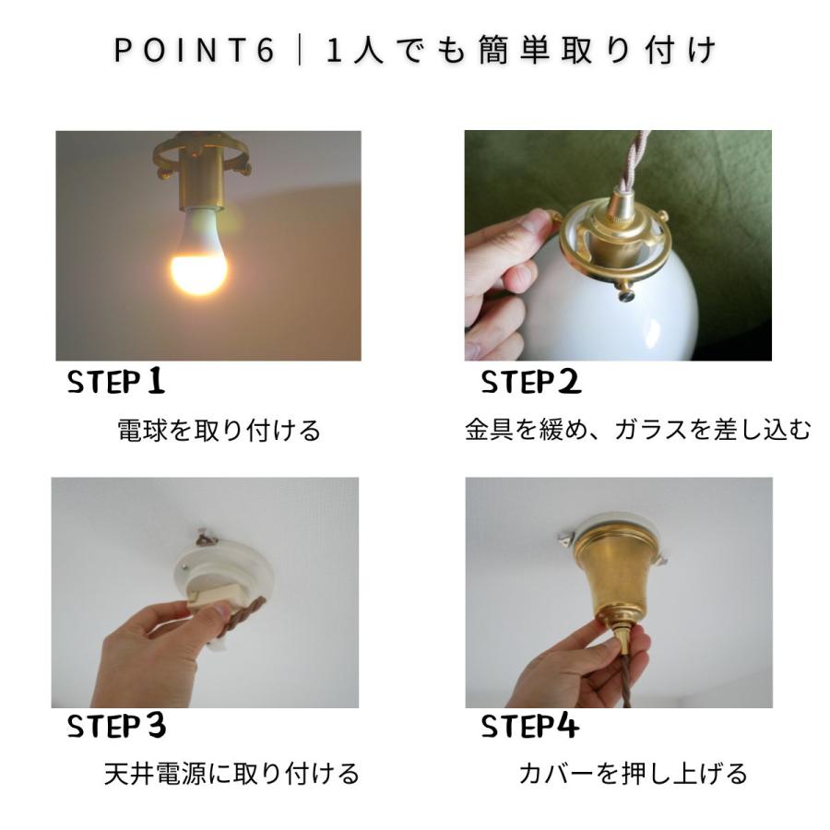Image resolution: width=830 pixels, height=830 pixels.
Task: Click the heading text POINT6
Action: pyautogui.click(x=195, y=51)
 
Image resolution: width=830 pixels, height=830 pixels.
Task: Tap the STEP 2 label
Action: pyautogui.click(x=530, y=381)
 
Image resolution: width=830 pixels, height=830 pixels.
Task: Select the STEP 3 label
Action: pyautogui.click(x=116, y=727)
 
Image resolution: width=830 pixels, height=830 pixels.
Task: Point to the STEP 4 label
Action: pyautogui.click(x=529, y=727)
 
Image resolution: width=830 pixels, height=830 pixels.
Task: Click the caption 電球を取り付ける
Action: pyautogui.click(x=219, y=430)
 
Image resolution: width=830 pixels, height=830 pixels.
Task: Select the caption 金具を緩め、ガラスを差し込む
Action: pyautogui.click(x=637, y=430)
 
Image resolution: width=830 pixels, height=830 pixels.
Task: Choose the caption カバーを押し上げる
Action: pyautogui.click(x=633, y=773)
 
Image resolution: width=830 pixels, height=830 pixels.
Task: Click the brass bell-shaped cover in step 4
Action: pyautogui.click(x=614, y=576)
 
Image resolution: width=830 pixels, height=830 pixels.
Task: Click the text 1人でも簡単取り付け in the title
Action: pyautogui.click(x=521, y=51)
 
